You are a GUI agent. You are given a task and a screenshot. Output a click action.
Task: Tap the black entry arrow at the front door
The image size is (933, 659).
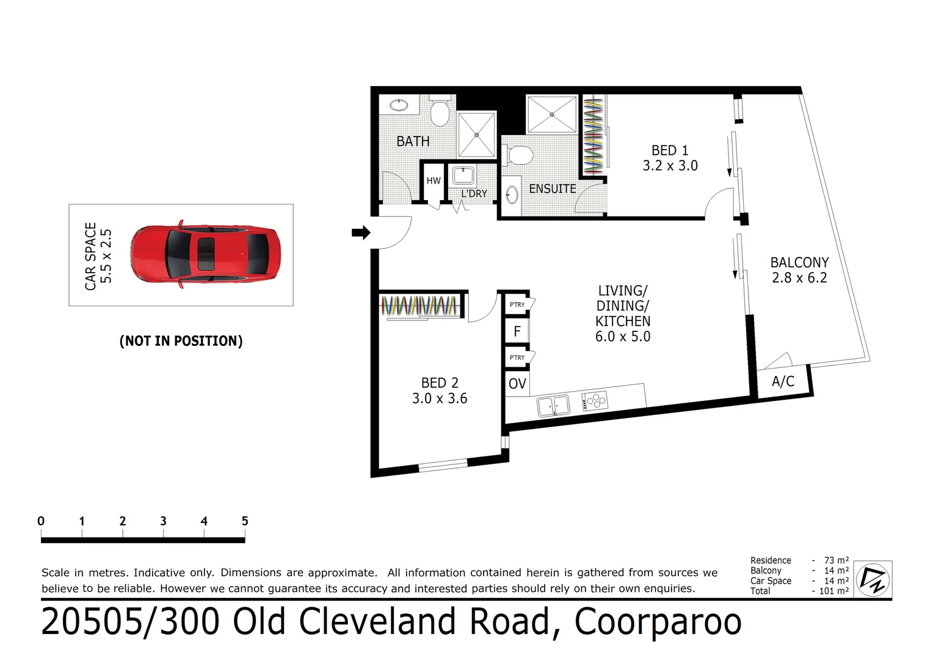tap(361, 232)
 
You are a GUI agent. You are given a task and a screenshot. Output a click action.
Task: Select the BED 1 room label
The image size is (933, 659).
tap(670, 158)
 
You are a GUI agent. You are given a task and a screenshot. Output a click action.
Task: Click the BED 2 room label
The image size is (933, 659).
tap(439, 391)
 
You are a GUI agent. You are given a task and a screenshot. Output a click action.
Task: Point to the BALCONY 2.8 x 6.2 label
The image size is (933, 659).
tap(799, 270)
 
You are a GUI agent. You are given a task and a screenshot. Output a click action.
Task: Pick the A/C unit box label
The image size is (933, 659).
tap(783, 381)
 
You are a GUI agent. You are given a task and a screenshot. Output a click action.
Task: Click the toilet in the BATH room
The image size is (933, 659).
tap(440, 112)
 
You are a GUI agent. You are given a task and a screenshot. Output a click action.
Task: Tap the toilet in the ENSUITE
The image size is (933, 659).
tap(520, 156)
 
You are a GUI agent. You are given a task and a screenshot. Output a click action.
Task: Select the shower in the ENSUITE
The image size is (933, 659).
tap(552, 114)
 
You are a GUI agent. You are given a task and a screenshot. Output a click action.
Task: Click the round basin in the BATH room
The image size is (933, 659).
tap(399, 105)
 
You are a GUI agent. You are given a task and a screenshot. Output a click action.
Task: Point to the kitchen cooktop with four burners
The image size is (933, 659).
tap(595, 401)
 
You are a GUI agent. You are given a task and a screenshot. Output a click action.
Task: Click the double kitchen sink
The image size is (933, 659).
tap(553, 405)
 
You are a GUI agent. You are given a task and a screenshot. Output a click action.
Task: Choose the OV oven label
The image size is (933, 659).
tap(517, 384)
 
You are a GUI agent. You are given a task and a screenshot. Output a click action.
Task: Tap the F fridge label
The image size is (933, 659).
tap(517, 331)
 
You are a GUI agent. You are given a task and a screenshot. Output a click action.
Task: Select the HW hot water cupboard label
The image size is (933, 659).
tap(434, 181)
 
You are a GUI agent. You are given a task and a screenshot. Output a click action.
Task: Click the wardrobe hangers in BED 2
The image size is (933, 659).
tap(420, 305)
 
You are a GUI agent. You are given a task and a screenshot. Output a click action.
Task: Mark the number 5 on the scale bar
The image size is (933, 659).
tap(245, 521)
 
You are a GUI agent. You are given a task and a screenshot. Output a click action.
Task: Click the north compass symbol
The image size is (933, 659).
tap(873, 579)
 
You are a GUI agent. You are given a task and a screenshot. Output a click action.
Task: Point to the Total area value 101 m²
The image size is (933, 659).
tap(834, 591)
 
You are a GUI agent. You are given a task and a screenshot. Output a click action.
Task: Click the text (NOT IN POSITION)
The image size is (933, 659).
tap(181, 341)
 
